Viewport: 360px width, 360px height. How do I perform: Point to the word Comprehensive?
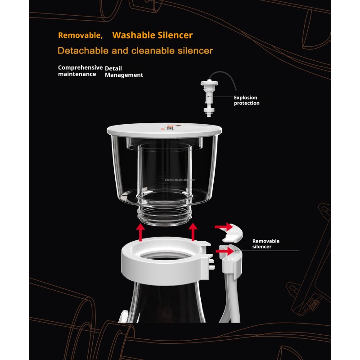coord(80,67)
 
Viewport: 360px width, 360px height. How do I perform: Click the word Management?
coord(124,75)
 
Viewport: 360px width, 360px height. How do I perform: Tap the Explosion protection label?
coord(247,100)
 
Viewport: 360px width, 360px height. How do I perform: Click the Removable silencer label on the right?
coord(265,243)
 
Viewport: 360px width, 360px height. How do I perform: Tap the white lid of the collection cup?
coord(164,130)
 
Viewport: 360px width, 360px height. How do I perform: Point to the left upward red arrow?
coord(141,232)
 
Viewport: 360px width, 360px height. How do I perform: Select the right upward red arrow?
coord(193,232)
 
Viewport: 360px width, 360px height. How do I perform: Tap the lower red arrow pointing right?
coord(225,251)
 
